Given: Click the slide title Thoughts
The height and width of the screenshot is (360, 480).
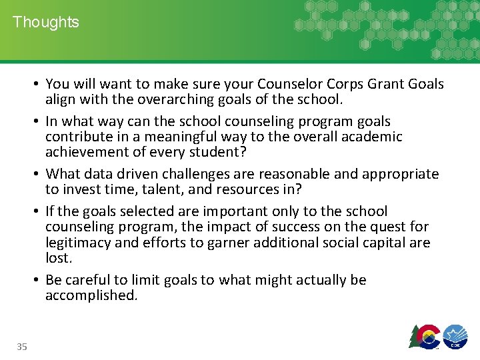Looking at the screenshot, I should (45, 22).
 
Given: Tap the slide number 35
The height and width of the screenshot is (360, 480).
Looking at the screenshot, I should (22, 346).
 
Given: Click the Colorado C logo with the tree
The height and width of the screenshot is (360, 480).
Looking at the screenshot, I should (425, 336).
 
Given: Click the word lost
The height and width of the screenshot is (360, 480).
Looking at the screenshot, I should (57, 258).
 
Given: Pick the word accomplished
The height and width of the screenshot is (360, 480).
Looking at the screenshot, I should (91, 295).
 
